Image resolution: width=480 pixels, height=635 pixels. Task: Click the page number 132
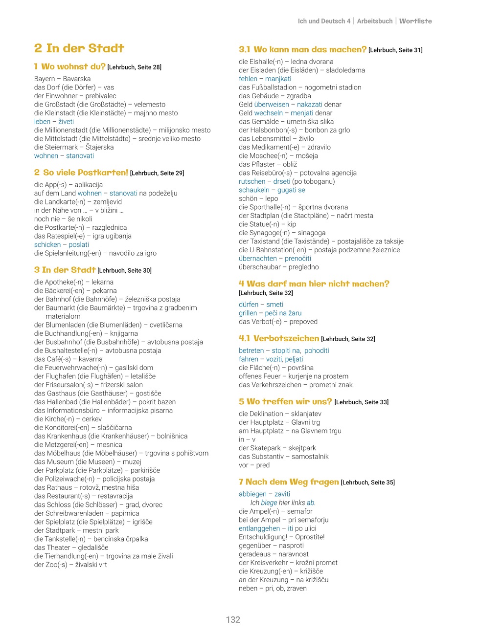[x=233, y=619]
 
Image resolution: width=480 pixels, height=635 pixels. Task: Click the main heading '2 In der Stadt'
[x=79, y=48]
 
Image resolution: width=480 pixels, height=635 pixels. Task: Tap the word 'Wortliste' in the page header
[x=415, y=21]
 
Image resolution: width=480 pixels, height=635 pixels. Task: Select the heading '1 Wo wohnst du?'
[x=69, y=66]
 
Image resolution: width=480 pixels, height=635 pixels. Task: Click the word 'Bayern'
[x=45, y=79]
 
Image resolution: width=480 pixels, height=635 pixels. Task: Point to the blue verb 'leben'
[x=42, y=121]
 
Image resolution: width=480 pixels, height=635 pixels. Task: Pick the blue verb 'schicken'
[x=47, y=244]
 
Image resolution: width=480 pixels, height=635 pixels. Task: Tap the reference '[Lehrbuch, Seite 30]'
[x=124, y=270]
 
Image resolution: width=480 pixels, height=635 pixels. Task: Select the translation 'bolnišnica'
[x=172, y=436]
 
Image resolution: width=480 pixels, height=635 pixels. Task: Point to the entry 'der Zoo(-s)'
[x=50, y=565]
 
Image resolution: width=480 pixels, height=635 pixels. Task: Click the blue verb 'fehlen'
[x=248, y=79]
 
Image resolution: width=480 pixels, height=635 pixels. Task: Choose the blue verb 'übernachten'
[x=258, y=258]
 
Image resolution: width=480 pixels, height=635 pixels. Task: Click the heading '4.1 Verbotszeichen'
[x=279, y=338]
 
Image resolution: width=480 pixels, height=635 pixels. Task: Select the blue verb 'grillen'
[x=248, y=313]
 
